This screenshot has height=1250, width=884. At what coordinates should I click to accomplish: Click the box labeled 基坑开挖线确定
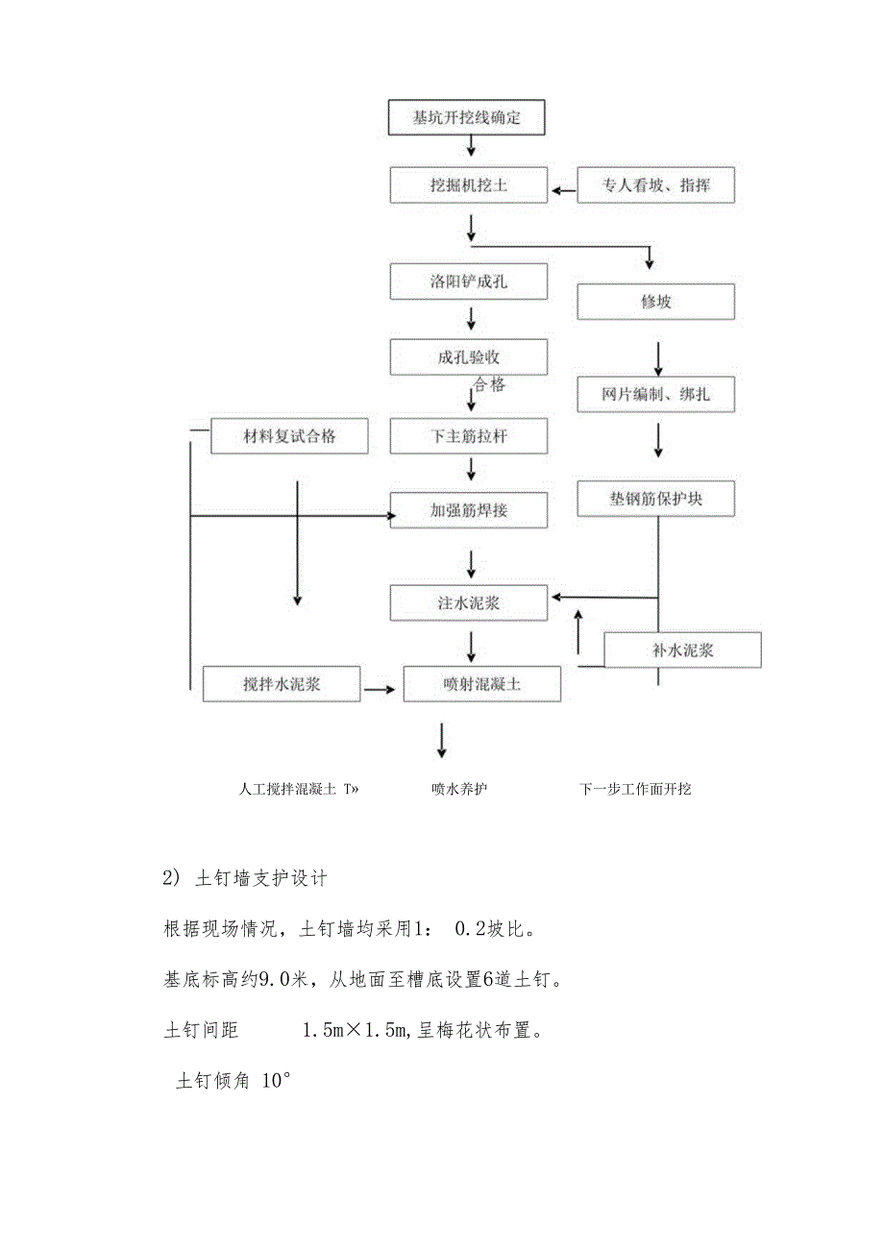[x=467, y=118]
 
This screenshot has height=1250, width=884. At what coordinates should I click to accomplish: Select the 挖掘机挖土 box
[x=468, y=184]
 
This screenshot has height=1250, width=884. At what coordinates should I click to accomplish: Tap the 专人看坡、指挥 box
[x=656, y=184]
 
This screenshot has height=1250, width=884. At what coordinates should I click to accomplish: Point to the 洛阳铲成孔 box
[x=468, y=282]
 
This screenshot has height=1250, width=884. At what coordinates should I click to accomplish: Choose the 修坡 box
[x=656, y=302]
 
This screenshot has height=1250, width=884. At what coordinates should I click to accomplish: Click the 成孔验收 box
[x=468, y=356]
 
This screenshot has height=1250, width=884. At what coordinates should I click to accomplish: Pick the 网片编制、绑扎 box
[x=656, y=394]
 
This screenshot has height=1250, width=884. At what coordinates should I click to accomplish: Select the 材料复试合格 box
[x=289, y=436]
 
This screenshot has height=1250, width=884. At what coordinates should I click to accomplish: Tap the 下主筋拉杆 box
[x=468, y=436]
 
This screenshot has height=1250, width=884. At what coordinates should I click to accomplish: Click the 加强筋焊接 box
[x=468, y=510]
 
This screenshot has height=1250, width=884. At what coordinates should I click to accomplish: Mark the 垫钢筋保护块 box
[x=656, y=499]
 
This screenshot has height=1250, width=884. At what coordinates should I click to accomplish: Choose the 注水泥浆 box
[x=468, y=602]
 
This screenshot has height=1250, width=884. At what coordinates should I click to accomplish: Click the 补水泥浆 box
[x=682, y=650]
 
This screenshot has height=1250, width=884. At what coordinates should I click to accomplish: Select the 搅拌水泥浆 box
[x=282, y=684]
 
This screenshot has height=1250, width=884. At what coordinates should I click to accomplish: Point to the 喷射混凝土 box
[x=482, y=684]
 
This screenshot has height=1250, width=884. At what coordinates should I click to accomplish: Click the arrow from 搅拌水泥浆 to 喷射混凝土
[x=381, y=689]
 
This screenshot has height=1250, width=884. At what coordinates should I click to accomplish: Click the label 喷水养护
[x=459, y=789]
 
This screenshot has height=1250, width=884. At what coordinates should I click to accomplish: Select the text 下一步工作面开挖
[x=635, y=789]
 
